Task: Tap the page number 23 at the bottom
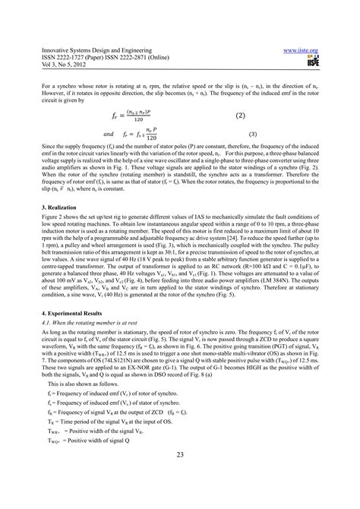click(x=180, y=475)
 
